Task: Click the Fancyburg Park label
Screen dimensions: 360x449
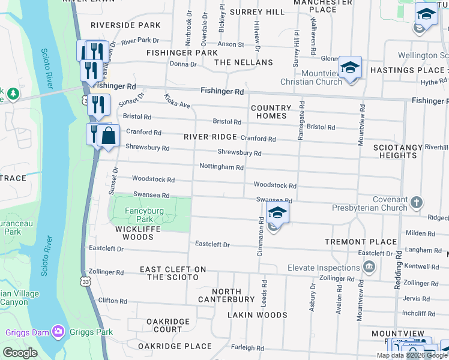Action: (139, 215)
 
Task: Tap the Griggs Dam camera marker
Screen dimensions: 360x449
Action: (58, 331)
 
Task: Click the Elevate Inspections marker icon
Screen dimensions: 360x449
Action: (370, 266)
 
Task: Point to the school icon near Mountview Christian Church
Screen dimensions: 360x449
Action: (350, 68)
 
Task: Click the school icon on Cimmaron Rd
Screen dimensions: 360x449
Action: (277, 213)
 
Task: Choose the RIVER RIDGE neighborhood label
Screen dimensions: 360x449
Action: (210, 137)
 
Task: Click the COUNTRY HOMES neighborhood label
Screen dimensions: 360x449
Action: (271, 112)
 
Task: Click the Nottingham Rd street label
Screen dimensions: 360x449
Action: (221, 167)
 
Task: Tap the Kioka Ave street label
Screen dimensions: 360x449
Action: (177, 101)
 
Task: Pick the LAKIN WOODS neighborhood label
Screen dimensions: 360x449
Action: (258, 314)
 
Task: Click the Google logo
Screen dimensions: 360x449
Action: (20, 353)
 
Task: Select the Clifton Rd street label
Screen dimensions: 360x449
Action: (113, 301)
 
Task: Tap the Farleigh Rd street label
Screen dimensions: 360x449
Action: (248, 348)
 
